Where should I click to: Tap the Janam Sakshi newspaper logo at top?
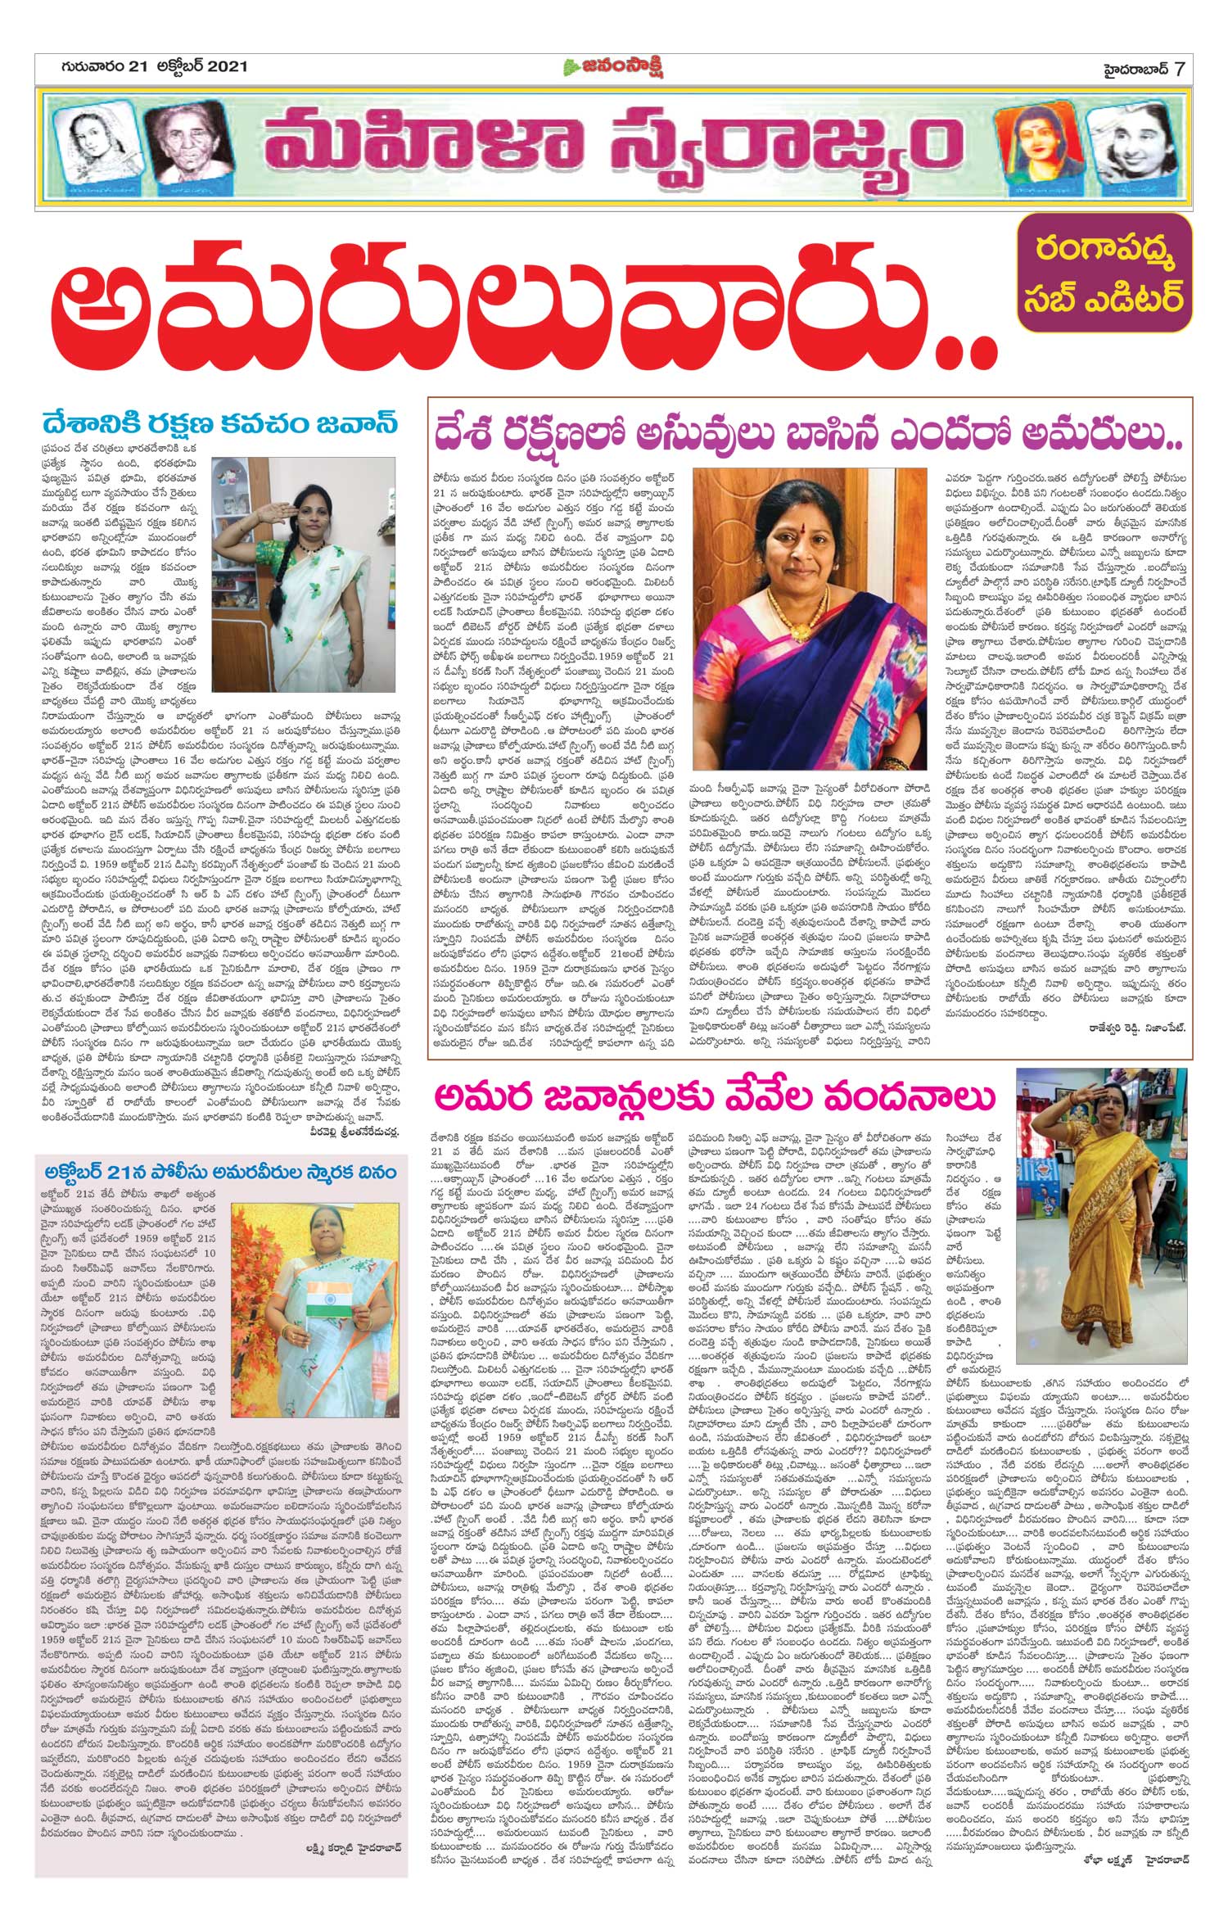pos(612,67)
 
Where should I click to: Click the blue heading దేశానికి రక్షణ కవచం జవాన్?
pos(221,425)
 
